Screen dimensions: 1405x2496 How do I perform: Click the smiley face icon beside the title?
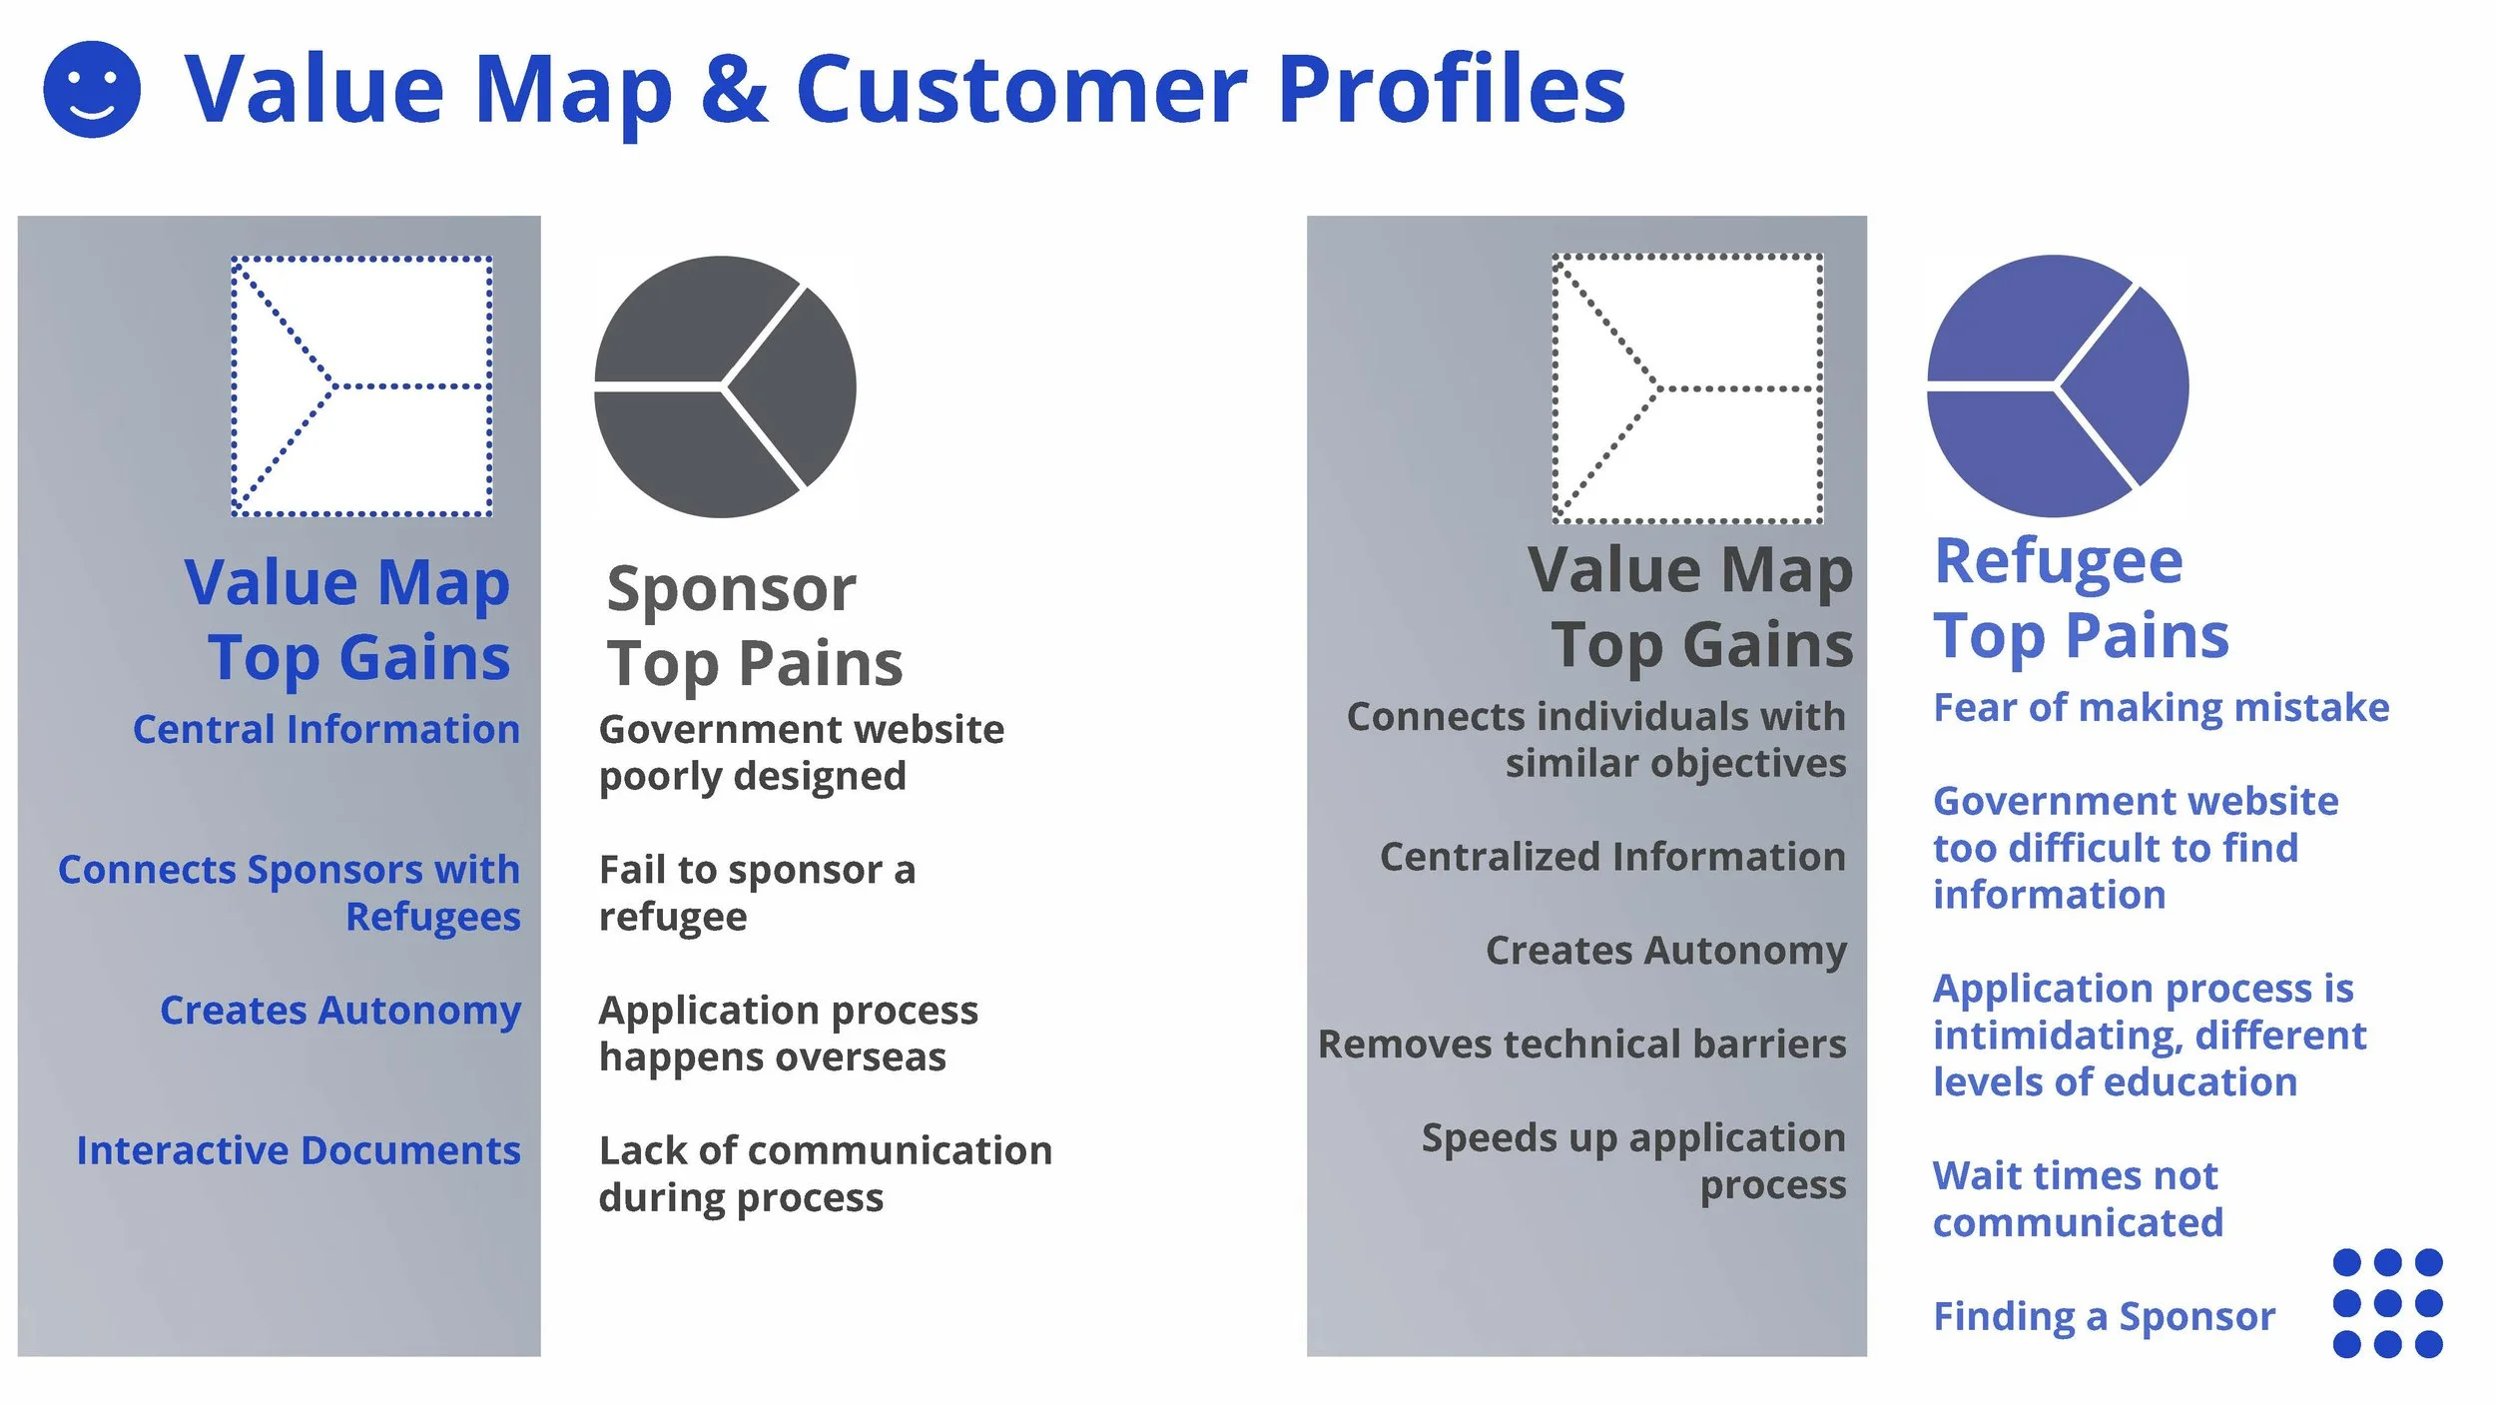92,89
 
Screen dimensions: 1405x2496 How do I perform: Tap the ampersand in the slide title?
734,89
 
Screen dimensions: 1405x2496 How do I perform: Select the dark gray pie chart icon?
725,386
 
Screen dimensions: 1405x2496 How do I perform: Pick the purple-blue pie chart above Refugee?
2058,385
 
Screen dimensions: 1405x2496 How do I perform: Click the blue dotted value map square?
361,386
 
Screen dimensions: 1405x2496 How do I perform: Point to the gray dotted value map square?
1687,388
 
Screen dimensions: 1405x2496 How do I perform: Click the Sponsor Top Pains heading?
754,626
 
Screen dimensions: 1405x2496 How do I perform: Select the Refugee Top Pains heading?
2081,598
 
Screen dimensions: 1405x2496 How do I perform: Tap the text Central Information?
326,730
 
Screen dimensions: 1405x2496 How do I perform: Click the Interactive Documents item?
299,1150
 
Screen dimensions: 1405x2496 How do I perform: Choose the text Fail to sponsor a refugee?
757,893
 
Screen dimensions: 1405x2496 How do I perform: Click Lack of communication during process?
825,1173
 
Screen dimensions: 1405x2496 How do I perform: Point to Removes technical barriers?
1581,1045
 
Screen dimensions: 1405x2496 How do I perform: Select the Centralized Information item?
1612,857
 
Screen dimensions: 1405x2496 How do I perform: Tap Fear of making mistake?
2161,707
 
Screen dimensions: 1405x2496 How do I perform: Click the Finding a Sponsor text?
2104,1316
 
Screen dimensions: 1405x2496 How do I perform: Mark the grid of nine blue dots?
2387,1303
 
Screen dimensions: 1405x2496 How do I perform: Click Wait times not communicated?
2078,1198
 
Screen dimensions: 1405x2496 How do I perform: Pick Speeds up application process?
1633,1161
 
